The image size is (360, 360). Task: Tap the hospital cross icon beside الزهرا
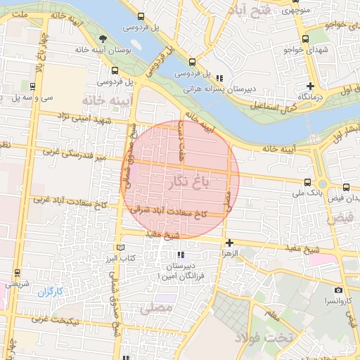tap(229, 242)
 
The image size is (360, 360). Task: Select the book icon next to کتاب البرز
tap(120, 247)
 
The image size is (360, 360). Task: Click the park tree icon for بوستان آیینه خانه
tap(103, 38)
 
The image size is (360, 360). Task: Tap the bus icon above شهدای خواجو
tap(305, 39)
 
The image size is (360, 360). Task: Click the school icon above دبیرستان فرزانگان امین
tap(181, 255)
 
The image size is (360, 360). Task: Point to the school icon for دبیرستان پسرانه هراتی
tap(220, 78)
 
